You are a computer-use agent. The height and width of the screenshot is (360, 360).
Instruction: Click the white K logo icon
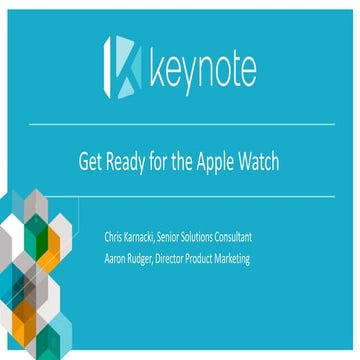[122, 68]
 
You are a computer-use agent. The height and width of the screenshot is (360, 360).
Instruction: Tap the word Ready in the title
[130, 160]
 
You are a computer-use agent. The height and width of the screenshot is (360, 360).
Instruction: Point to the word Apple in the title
[214, 160]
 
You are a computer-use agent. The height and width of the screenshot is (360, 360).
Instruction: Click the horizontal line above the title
[180, 125]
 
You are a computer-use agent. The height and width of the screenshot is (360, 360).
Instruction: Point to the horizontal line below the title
[180, 197]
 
